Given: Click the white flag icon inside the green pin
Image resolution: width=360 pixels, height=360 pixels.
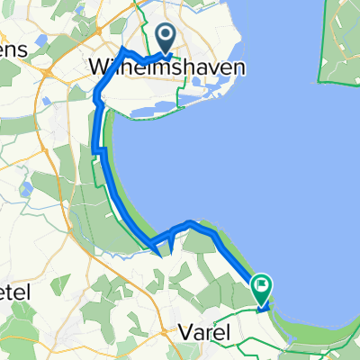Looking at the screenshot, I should [262, 286].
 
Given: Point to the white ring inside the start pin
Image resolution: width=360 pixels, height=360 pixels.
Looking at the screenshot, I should [167, 35].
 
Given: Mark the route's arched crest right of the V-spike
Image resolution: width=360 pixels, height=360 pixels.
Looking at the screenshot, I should [190, 222].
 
